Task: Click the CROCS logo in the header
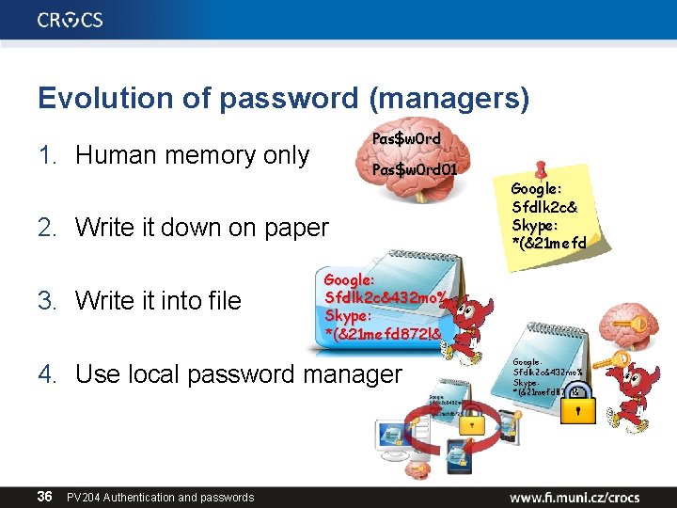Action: (x=71, y=20)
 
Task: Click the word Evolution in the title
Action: (x=98, y=98)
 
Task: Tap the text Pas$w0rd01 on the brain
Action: (x=415, y=170)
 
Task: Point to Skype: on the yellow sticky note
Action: (x=536, y=226)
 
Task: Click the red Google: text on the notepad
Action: (x=349, y=279)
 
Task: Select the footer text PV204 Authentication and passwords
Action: (x=160, y=497)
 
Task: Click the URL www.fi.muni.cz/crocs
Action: (x=575, y=496)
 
